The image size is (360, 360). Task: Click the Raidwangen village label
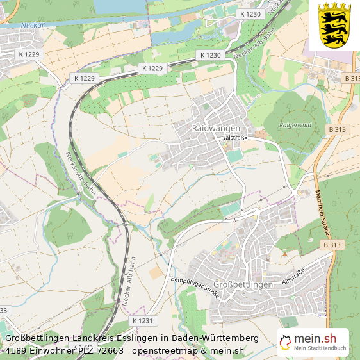tap(216, 128)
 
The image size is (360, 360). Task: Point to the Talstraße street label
tap(235, 138)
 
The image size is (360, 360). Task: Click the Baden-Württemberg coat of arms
tap(334, 24)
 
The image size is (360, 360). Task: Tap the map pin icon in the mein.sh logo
tap(286, 341)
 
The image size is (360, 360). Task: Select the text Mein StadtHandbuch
tap(320, 349)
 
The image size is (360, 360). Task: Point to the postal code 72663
tap(109, 350)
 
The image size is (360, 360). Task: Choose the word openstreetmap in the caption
tap(163, 350)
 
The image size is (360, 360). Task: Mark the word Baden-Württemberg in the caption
tap(218, 338)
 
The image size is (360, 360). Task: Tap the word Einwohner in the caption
tap(52, 350)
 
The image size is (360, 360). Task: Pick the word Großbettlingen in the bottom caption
tap(39, 338)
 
